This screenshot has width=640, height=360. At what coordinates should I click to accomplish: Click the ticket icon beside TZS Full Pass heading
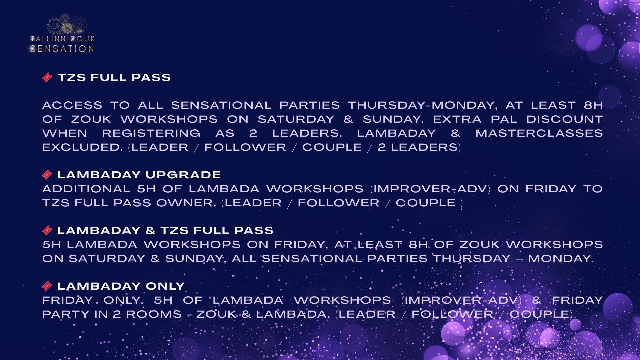click(47, 78)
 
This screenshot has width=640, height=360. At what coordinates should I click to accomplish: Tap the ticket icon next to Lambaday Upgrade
click(47, 175)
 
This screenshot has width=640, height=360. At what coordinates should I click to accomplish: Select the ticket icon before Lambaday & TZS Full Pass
click(47, 230)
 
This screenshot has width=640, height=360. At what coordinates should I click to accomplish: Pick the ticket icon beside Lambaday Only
click(47, 286)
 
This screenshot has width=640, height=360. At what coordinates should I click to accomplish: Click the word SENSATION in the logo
click(62, 49)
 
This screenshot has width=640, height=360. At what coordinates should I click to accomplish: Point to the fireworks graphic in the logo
click(67, 24)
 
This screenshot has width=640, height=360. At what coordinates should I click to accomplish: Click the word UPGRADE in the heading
click(183, 175)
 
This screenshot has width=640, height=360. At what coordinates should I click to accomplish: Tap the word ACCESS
click(72, 105)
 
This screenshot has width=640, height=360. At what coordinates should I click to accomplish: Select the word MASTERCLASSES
click(539, 133)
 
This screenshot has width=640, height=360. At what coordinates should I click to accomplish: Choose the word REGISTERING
click(151, 133)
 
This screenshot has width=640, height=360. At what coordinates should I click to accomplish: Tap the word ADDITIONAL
click(86, 189)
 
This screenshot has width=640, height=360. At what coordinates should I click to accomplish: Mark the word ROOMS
click(154, 314)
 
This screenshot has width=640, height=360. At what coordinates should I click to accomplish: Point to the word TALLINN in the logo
click(48, 39)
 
